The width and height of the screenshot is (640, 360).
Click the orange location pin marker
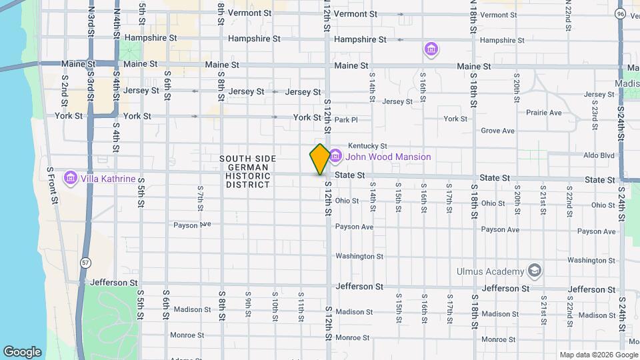click(x=320, y=159)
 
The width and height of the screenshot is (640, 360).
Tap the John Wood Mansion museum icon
click(x=335, y=157)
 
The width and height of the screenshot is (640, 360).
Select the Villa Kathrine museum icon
click(x=71, y=179)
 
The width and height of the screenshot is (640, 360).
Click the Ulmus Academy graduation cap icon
click(x=534, y=271)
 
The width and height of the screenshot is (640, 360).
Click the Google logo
click(x=22, y=351)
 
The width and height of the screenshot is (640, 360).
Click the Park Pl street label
click(x=346, y=120)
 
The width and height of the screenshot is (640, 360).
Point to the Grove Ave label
click(x=497, y=131)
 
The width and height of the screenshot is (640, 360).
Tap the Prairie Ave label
click(x=543, y=113)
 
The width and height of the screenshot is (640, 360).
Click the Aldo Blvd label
click(x=598, y=155)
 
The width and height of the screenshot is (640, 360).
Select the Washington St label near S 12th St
click(x=359, y=256)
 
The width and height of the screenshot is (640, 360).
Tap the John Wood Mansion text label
click(x=388, y=157)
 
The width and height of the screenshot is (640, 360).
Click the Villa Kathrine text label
click(x=108, y=179)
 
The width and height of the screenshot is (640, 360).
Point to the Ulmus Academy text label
click(x=490, y=271)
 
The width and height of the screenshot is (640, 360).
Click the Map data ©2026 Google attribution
click(x=598, y=355)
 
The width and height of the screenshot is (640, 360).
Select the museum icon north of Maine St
click(x=431, y=50)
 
